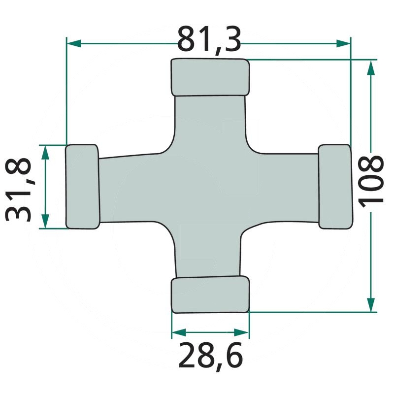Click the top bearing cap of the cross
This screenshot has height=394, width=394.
(x=210, y=77)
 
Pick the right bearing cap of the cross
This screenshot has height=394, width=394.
(x=335, y=186)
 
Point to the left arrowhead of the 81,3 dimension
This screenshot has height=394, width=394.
(x=72, y=44)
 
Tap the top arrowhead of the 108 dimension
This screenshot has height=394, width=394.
(x=371, y=66)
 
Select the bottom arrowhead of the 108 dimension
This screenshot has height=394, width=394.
(x=371, y=305)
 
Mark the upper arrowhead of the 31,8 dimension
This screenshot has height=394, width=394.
(x=45, y=152)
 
